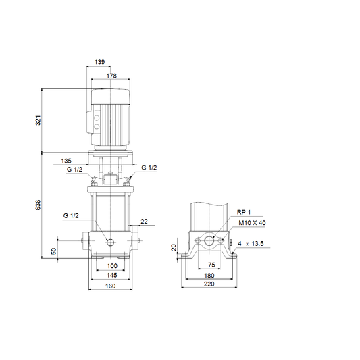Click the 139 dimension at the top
(100, 62)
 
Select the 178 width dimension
(111, 76)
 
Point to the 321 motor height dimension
(38, 120)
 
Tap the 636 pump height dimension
(38, 205)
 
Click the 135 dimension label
(66, 161)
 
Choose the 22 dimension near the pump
(144, 222)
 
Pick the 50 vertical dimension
(53, 251)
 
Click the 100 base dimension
(112, 266)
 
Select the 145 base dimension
(112, 275)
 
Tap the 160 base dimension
(111, 286)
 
